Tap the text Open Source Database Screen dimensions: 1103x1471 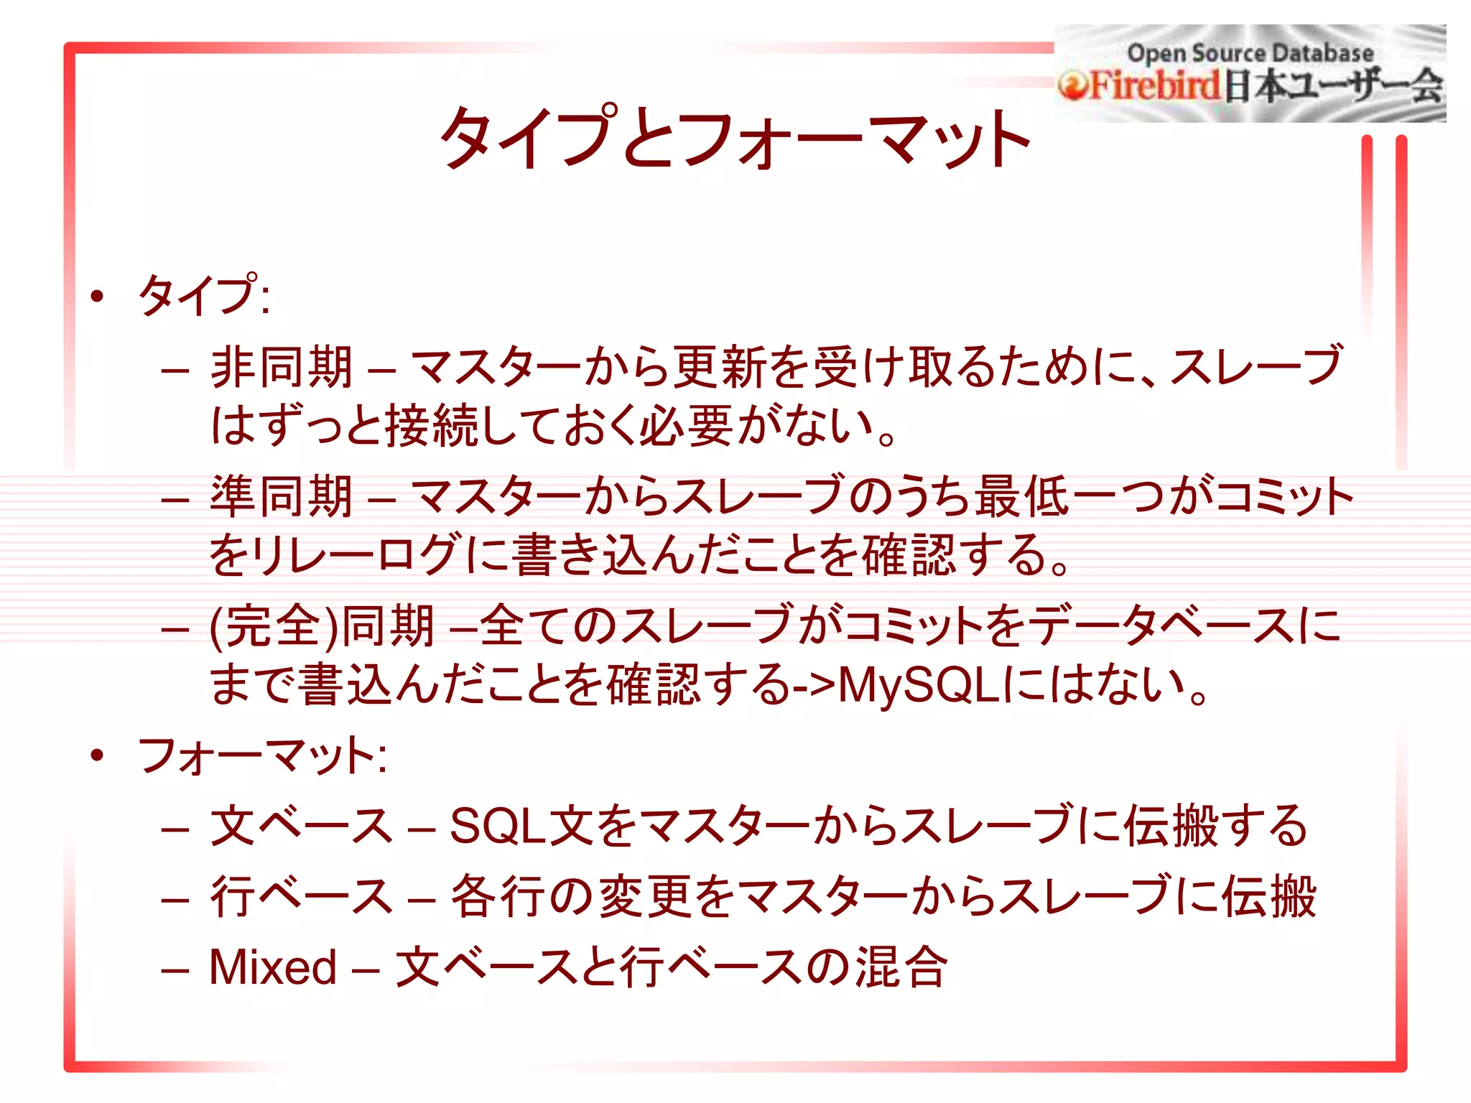tap(1250, 52)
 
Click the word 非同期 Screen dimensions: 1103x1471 tap(281, 368)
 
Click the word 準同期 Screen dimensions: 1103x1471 tap(281, 497)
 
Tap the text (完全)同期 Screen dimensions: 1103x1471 tap(322, 626)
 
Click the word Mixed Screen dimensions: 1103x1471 tap(273, 967)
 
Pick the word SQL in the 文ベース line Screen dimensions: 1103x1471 tap(497, 826)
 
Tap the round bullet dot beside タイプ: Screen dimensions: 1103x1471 tap(98, 296)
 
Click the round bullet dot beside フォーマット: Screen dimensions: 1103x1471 tap(98, 755)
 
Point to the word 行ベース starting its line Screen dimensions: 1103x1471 tap(302, 897)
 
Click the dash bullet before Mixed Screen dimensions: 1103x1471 tap(175, 969)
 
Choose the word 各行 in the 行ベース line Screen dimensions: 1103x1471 tap(498, 897)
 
